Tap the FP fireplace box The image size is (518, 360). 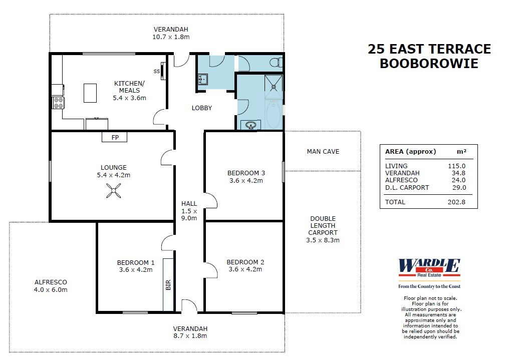(x=115, y=137)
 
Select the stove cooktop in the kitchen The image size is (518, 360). (x=59, y=103)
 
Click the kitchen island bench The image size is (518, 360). (x=90, y=93)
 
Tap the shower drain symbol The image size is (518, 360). (x=274, y=86)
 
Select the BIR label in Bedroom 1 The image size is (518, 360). (x=168, y=285)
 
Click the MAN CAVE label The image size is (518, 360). (x=323, y=151)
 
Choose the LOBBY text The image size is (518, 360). (x=202, y=108)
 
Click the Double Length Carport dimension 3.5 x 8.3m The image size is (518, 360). (x=323, y=240)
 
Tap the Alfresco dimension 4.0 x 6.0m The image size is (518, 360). (x=51, y=289)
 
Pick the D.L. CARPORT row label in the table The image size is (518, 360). (x=407, y=187)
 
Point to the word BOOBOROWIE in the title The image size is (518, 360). (x=429, y=64)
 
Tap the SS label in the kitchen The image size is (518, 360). (x=156, y=71)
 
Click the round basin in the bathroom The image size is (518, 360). (x=250, y=125)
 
